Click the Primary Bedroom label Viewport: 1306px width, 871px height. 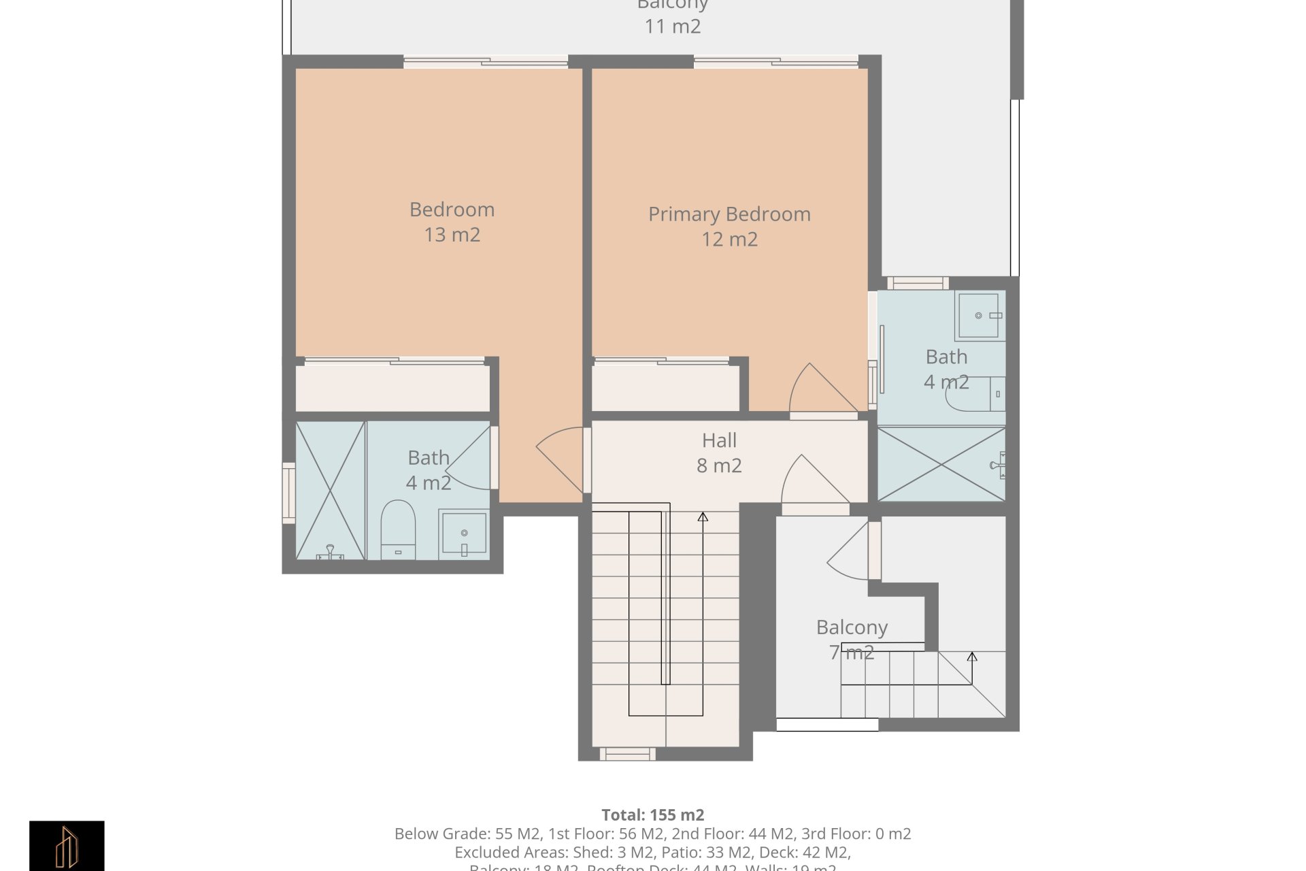tap(729, 214)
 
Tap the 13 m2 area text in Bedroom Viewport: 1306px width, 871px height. tap(452, 235)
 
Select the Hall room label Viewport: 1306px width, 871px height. tap(719, 441)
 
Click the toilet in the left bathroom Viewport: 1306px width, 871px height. tap(398, 527)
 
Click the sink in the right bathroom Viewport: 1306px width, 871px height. tap(979, 316)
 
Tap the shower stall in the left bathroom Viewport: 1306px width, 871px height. tap(331, 490)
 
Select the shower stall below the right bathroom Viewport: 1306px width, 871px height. tap(941, 465)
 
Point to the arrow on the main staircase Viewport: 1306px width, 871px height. tap(703, 518)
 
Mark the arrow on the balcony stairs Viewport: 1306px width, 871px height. tap(972, 657)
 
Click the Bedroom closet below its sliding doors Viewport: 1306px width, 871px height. tap(392, 388)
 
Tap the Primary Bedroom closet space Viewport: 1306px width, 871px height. tap(665, 388)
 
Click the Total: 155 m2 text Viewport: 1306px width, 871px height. tap(652, 815)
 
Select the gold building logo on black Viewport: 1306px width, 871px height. tap(67, 846)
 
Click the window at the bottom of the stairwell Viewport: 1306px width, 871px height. tap(627, 754)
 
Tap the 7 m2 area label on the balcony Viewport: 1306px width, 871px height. tap(852, 653)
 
